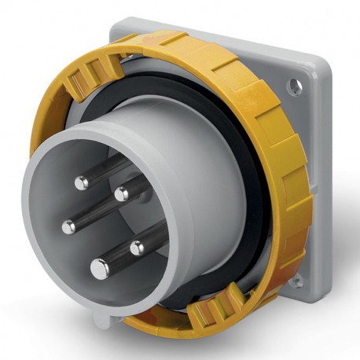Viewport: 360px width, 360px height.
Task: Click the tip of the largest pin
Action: click(100, 267)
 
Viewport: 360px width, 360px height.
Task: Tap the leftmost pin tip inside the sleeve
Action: click(69, 226)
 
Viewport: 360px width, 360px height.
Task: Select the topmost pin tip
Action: click(83, 183)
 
